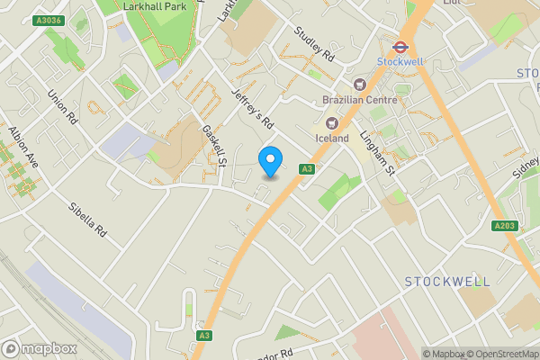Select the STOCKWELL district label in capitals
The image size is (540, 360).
coord(447,282)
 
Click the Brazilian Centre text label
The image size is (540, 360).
coord(359,100)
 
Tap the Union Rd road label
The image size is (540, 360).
coord(63,107)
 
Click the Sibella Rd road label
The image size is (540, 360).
coord(88,220)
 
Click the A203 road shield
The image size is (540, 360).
coord(505,225)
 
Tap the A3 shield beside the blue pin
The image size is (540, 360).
coord(307,168)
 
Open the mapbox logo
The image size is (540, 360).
coord(37,348)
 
